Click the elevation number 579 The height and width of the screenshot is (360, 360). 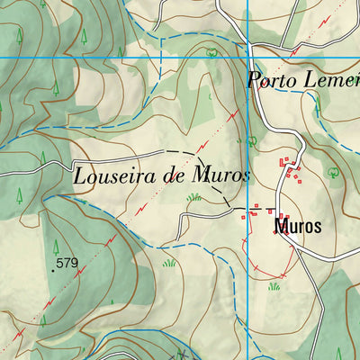(67, 264)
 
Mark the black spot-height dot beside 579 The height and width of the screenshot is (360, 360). (53, 269)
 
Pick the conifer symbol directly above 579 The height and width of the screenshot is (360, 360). (56, 246)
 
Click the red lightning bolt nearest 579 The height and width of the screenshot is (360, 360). (81, 275)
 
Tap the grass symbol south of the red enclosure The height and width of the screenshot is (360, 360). (274, 286)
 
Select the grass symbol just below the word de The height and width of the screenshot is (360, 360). (193, 197)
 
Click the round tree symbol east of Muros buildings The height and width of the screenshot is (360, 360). (332, 171)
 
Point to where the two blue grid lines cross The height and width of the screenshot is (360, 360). (247, 58)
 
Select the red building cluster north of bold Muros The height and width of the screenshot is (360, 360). (290, 168)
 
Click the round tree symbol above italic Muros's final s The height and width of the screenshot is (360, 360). (251, 140)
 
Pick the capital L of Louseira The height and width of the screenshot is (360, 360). (79, 175)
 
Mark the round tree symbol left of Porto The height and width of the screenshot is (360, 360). (211, 53)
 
